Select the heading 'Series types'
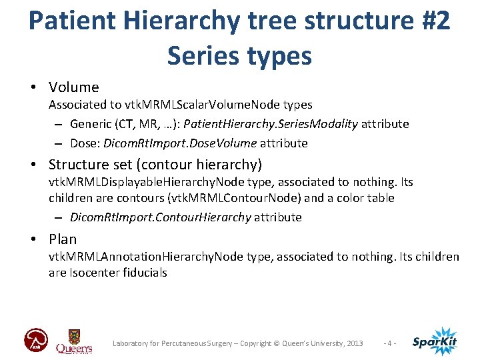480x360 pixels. pos(239,56)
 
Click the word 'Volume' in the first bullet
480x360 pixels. pos(73,87)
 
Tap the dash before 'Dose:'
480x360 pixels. pos(59,143)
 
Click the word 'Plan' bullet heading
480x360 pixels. pos(63,239)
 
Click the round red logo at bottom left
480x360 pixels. pos(36,341)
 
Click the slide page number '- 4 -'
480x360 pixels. pos(390,343)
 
